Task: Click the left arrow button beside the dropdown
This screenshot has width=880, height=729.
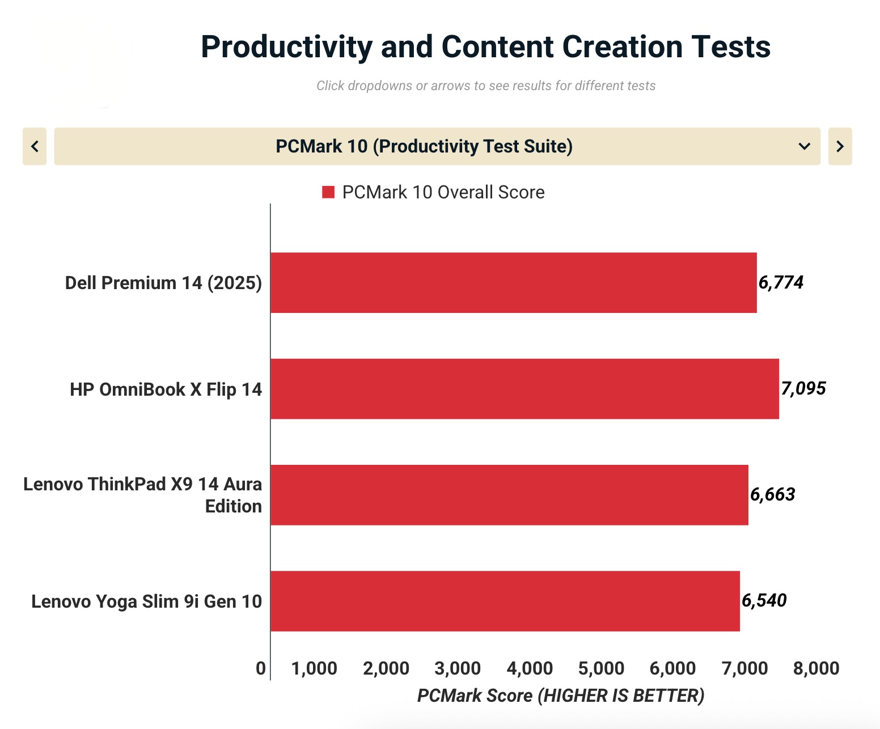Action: pos(35,146)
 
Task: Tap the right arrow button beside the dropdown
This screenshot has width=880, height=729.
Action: pos(840,146)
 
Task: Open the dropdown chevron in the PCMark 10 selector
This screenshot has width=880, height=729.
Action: pos(804,146)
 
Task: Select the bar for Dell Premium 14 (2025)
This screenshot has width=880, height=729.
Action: pos(513,282)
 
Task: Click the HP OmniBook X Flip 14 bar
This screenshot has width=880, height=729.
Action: pos(524,389)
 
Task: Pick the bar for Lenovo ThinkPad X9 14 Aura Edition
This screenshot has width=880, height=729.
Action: pos(509,495)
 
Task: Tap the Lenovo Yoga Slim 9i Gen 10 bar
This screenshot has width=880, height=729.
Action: pos(505,601)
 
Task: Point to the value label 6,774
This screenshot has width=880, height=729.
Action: pos(781,282)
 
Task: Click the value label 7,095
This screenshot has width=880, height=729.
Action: pos(803,388)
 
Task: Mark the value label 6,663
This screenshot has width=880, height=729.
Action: pos(772,494)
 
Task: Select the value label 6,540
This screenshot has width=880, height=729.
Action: pos(764,600)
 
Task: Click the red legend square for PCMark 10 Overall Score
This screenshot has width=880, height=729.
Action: pos(328,192)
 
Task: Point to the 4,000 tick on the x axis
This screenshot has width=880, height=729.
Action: pos(530,668)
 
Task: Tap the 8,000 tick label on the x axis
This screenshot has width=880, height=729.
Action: pos(816,668)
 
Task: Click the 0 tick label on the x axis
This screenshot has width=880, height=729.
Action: pos(261,668)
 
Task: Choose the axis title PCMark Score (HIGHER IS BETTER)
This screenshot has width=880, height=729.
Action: pos(561,696)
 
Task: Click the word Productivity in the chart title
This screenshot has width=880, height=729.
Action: pos(286,47)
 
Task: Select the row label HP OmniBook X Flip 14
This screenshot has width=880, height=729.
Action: pos(166,389)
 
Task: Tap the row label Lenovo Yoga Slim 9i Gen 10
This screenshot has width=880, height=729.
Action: pos(146,601)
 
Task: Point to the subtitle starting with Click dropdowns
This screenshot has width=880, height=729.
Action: pos(486,86)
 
